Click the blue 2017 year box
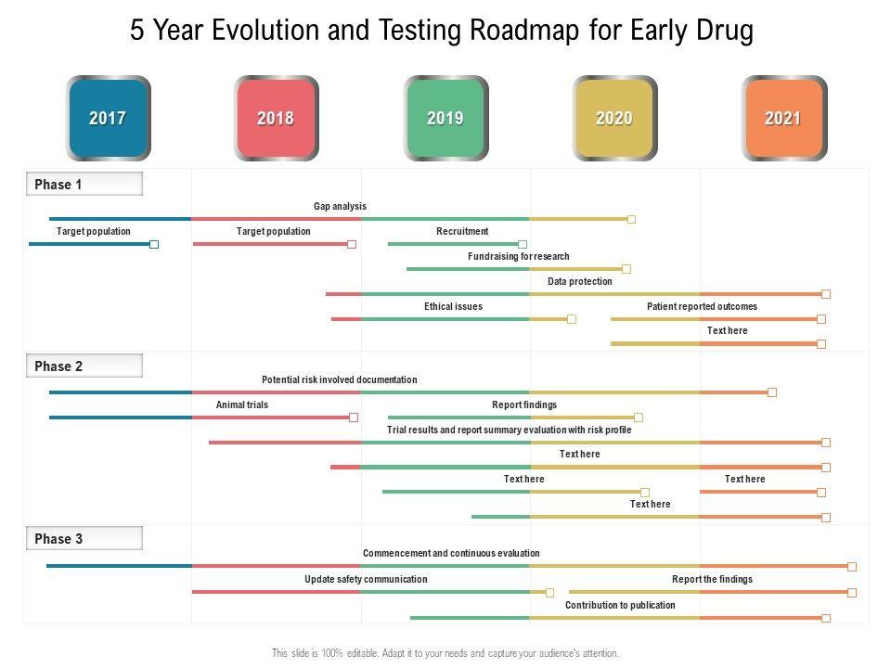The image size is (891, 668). pos(108,119)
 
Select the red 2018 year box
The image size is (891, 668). pos(276,119)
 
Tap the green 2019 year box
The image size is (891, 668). pos(445,119)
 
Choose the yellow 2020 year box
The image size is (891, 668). pos(614,119)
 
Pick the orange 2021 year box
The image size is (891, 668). pos(783,119)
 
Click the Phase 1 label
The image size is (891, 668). pos(58,185)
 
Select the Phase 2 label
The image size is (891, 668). pos(58,366)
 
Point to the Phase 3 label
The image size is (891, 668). pos(58,539)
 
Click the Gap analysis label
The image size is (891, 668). pos(340,206)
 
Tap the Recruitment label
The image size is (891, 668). pos(462,231)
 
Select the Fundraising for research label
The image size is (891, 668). pos(519,256)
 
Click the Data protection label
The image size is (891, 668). pos(580,281)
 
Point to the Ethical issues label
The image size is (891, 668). pos(453,306)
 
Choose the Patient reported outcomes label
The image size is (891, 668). pos(702,306)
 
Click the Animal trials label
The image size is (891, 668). pos(242,405)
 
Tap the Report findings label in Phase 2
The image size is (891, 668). pos(524,405)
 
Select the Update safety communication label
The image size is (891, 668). pos(366,579)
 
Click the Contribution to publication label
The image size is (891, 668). pos(620,605)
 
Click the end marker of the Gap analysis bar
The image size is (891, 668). pos(631,219)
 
